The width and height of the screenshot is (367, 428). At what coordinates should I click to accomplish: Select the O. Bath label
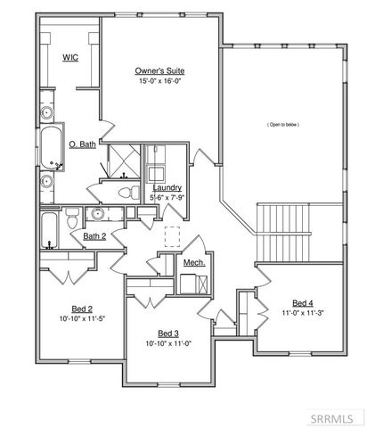pyautogui.click(x=83, y=143)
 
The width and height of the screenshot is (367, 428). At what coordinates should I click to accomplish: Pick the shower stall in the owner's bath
pyautogui.click(x=120, y=160)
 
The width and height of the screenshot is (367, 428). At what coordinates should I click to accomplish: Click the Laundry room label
pyautogui.click(x=167, y=188)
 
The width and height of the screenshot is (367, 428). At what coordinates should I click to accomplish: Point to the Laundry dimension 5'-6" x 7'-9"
pyautogui.click(x=167, y=197)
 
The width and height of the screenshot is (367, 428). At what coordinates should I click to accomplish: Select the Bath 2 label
pyautogui.click(x=94, y=236)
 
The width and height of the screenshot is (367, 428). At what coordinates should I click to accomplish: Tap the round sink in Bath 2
pyautogui.click(x=94, y=214)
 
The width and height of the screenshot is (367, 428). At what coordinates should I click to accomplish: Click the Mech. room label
pyautogui.click(x=194, y=263)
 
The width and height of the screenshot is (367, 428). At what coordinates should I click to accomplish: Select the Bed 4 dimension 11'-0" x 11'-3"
pyautogui.click(x=303, y=312)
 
